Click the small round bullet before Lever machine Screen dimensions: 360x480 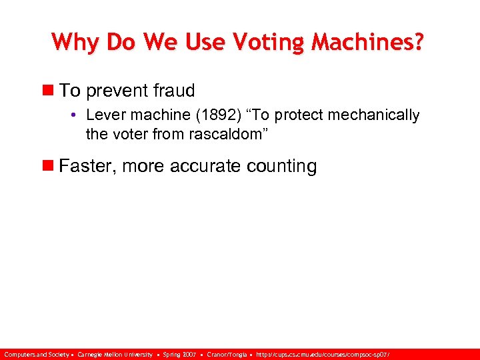(x=77, y=115)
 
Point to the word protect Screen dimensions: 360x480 (x=301, y=115)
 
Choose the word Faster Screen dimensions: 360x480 (x=85, y=166)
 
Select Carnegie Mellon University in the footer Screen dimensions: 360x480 (x=115, y=354)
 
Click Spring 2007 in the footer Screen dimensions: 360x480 (x=179, y=354)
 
